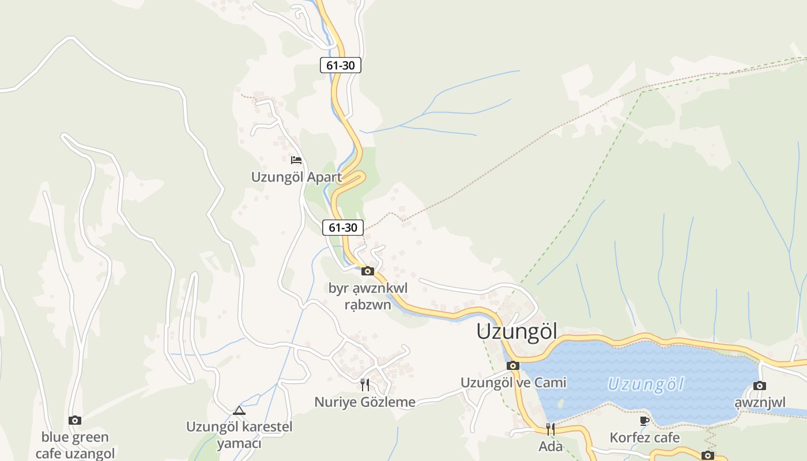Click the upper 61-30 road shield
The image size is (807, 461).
341,66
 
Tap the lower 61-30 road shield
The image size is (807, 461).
343,228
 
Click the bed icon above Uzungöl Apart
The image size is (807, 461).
296,160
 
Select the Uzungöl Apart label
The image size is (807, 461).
296,177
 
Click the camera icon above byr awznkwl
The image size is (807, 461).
368,271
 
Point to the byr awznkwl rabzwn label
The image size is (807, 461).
368,296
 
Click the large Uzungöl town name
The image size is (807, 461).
517,331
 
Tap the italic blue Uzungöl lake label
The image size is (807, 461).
646,384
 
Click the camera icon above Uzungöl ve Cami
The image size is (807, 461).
513,365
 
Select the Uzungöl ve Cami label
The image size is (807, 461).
513,383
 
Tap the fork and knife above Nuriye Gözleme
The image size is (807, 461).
365,384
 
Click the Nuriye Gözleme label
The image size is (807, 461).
365,402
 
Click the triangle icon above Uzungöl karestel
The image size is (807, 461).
239,410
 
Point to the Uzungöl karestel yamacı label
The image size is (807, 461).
239,435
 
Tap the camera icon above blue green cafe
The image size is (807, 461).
75,420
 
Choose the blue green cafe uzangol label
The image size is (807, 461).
75,445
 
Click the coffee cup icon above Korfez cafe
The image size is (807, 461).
644,421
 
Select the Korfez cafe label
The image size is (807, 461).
644,438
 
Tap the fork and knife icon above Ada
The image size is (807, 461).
550,429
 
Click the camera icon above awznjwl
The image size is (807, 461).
760,386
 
